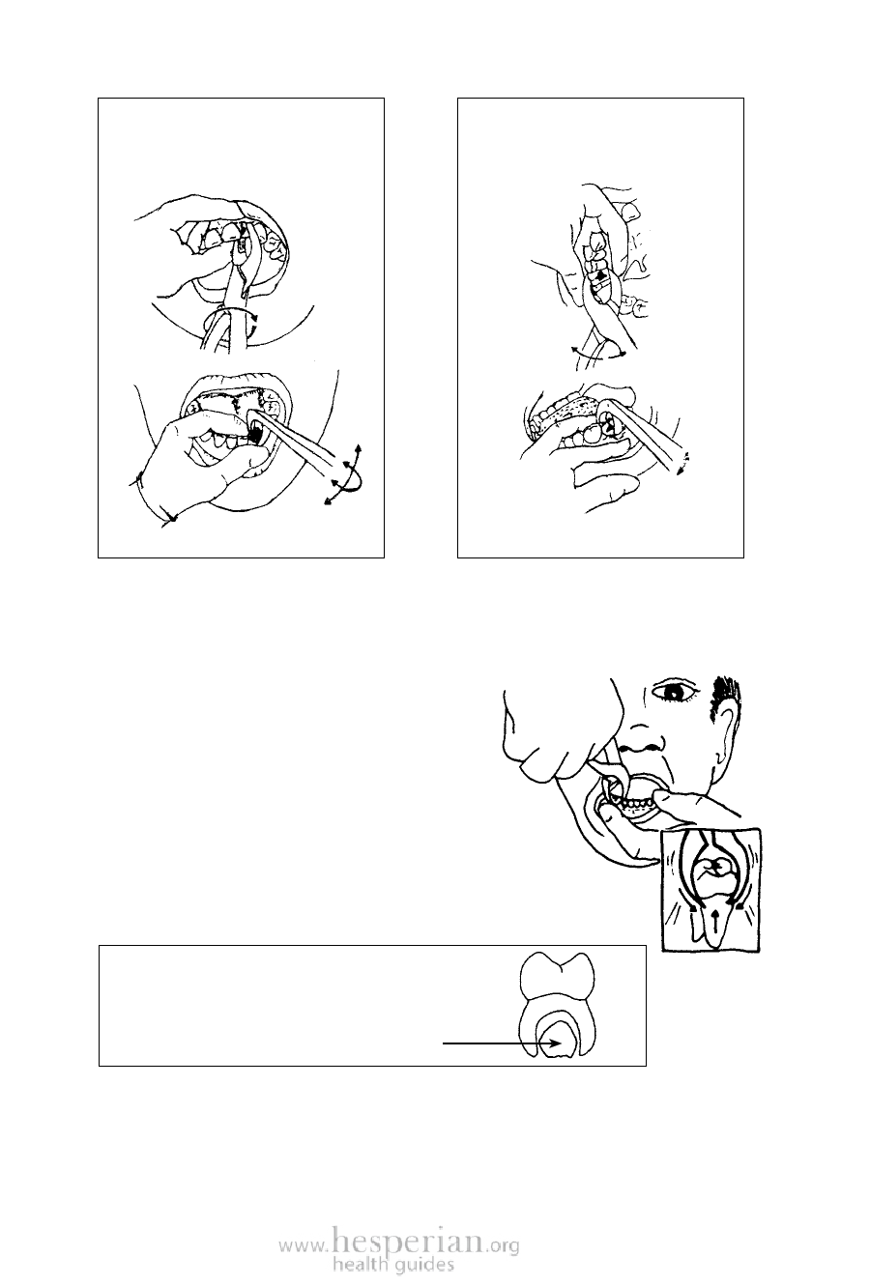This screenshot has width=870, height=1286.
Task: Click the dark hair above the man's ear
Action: [x=725, y=697]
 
